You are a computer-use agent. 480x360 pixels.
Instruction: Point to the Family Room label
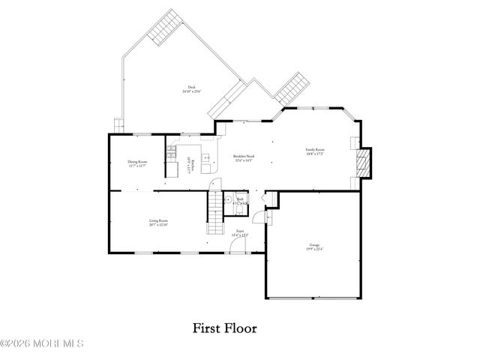[x=315, y=151]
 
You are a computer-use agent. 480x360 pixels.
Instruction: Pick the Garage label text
[x=313, y=245]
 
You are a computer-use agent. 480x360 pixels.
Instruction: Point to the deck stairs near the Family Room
[x=291, y=88]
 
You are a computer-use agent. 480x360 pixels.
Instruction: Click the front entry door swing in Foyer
[x=237, y=247]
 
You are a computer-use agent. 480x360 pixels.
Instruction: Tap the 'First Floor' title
[x=224, y=327]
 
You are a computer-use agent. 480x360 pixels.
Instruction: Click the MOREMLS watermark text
[x=42, y=343]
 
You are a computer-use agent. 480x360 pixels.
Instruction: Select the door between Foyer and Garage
[x=258, y=217]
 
